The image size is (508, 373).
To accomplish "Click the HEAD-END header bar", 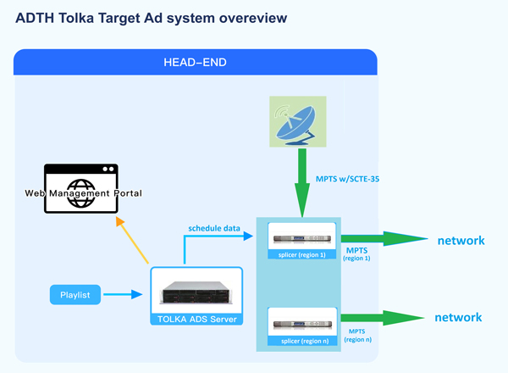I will (x=195, y=62).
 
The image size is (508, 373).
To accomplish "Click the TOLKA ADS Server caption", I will (x=196, y=320).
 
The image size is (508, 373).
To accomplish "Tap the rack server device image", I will (x=196, y=292).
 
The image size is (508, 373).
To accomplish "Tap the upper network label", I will (x=461, y=241).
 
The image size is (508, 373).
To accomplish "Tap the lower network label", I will (x=458, y=318).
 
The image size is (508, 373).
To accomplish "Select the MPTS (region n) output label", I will (x=356, y=333).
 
